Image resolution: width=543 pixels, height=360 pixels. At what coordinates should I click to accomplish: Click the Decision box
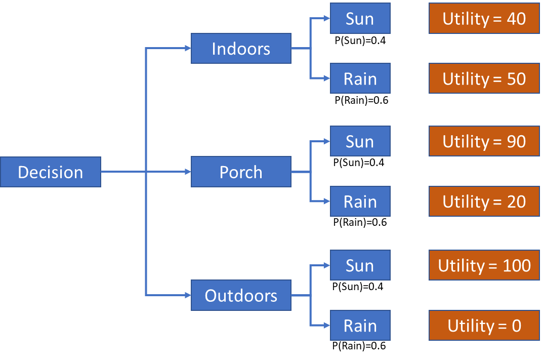[51, 172]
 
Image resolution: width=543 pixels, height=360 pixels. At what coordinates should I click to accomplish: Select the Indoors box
[241, 49]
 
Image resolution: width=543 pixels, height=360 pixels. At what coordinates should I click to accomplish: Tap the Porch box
[241, 172]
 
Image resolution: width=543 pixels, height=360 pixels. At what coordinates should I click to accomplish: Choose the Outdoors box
[241, 295]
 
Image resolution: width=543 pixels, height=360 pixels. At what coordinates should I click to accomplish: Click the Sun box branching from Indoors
[360, 19]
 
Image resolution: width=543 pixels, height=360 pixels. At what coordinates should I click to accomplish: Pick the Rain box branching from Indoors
[360, 78]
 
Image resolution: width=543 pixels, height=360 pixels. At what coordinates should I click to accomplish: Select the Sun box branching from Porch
[360, 141]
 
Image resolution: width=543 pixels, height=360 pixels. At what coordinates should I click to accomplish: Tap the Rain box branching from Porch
[360, 202]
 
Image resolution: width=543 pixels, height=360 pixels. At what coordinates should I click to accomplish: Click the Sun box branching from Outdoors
[360, 265]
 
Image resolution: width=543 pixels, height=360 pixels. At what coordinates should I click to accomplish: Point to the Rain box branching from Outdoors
[360, 326]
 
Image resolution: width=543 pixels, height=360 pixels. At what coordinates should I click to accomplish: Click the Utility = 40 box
[484, 19]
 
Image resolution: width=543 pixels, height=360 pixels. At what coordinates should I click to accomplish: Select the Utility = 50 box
[484, 78]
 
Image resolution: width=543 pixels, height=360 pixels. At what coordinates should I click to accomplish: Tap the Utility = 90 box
[484, 141]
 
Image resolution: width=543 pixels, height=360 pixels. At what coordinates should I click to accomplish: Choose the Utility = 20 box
[484, 202]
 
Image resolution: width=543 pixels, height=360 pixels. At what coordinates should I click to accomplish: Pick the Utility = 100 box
[484, 265]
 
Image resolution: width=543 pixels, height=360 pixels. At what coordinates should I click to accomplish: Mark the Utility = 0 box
[484, 326]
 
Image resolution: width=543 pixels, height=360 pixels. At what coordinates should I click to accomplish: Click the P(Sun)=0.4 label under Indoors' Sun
[360, 41]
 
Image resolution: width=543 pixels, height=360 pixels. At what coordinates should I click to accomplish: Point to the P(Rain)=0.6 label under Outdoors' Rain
[360, 346]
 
